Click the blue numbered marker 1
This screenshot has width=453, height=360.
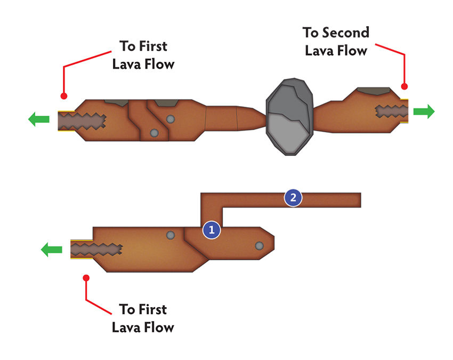coord(212,230)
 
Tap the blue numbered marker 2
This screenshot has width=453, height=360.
coord(293,197)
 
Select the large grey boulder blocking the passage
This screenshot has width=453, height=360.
coord(289,116)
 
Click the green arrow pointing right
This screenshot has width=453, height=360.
coord(424,111)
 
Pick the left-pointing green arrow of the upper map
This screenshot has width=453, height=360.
coord(39,119)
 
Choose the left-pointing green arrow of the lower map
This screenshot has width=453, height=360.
coord(51,250)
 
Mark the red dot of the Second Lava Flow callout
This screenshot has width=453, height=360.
coord(405,86)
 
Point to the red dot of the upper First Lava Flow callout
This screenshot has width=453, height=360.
coord(64,96)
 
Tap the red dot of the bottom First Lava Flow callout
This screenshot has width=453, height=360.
coord(86,278)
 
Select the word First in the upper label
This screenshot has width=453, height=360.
coord(153,46)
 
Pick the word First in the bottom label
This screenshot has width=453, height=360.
coord(152,309)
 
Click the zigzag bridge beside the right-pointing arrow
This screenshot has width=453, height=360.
coord(392,111)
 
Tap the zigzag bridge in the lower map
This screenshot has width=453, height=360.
coord(96,250)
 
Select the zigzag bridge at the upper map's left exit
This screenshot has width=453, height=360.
coord(82,121)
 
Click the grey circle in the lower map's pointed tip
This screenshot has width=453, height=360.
coord(259,246)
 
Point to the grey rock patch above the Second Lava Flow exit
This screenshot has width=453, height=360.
coord(374,91)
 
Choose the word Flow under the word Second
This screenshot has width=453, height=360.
coord(352,51)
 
